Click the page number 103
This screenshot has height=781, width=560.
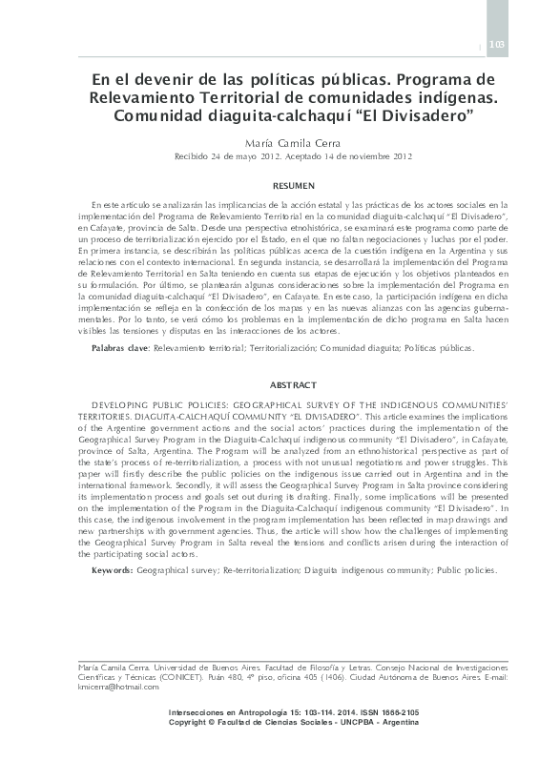click(496, 45)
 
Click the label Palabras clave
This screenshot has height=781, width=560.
click(121, 350)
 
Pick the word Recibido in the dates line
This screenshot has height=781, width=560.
click(194, 156)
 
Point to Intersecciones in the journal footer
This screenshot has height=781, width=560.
click(200, 713)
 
